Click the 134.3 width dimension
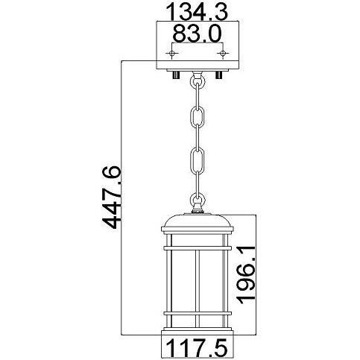point(197,13)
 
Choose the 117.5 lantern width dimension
point(197,347)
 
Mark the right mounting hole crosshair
point(221,54)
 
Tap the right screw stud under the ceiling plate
point(218,75)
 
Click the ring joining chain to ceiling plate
point(198,78)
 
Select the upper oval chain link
point(198,118)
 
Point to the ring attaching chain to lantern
point(198,200)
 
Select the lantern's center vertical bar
point(198,276)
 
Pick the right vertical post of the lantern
point(222,276)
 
